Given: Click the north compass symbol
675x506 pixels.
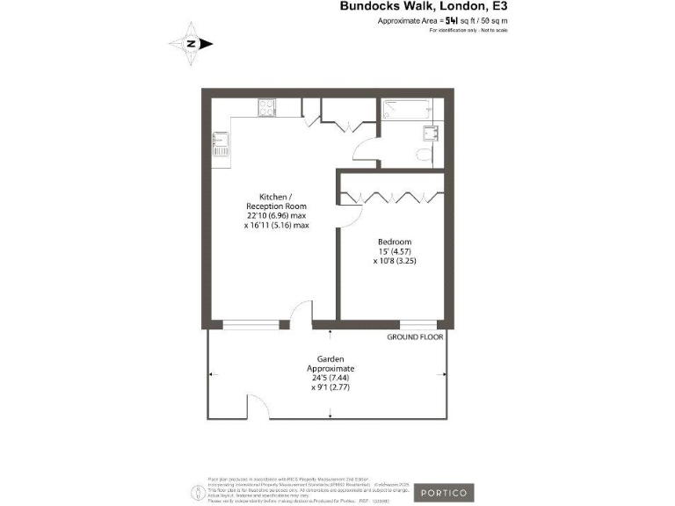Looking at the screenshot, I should [x=196, y=43].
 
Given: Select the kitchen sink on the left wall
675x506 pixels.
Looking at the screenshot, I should [x=220, y=145].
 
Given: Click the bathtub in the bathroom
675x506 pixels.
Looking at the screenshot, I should [x=405, y=111].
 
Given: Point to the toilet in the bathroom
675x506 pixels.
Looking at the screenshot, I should [x=424, y=155].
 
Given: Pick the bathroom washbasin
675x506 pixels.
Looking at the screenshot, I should [x=431, y=133].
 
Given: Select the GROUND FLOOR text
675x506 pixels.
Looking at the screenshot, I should [x=415, y=336].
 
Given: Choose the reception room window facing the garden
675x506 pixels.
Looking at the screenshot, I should [x=249, y=324].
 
